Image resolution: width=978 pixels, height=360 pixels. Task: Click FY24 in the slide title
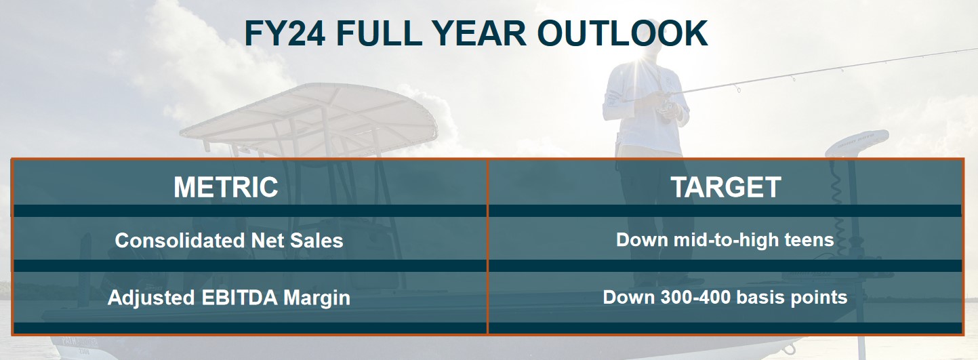[x=285, y=33]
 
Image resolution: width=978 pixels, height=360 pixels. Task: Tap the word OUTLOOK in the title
[x=622, y=33]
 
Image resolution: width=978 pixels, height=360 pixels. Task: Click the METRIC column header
[x=226, y=187]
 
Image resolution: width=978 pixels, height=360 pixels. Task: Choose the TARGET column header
[x=726, y=187]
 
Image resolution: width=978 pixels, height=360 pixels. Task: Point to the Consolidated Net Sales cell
[x=229, y=240]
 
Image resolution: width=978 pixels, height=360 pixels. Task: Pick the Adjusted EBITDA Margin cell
[x=229, y=298]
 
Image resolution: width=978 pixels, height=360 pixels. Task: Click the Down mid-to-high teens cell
[x=725, y=240]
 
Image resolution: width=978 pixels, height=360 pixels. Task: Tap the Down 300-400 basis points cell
[x=725, y=297]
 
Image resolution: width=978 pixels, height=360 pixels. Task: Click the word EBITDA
[x=240, y=298]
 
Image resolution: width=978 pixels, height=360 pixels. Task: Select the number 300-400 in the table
[x=695, y=297]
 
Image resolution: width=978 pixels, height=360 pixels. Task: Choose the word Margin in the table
[x=317, y=298]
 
